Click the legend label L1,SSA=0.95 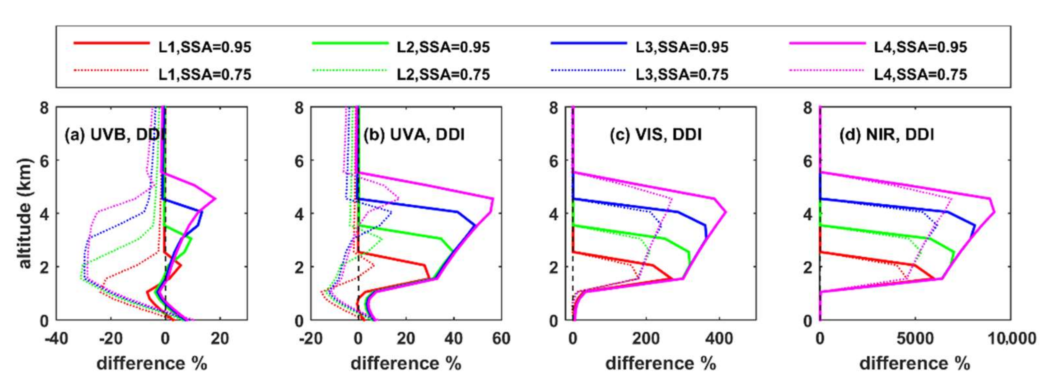point(205,47)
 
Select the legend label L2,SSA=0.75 point(443,74)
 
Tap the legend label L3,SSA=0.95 point(682,47)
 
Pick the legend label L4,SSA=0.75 point(920,74)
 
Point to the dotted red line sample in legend point(111,70)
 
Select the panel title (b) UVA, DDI point(414,135)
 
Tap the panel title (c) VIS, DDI point(655,135)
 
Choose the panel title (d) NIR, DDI point(887,135)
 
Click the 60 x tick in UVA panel point(501,339)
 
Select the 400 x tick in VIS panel point(719,339)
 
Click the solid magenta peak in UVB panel point(215,199)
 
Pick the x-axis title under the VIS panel point(661,363)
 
